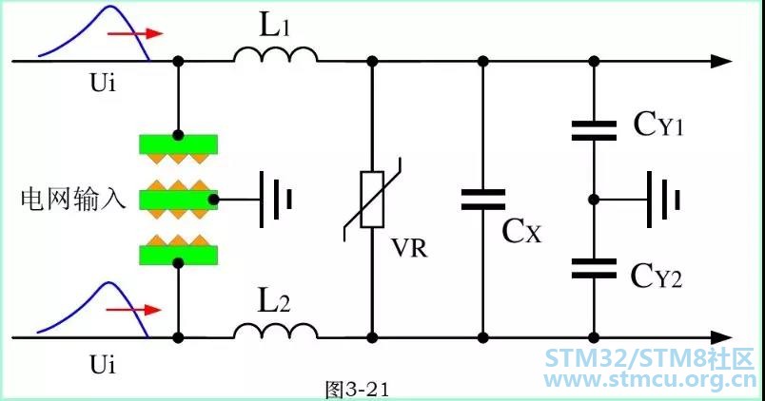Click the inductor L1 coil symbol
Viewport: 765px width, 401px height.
coord(276,55)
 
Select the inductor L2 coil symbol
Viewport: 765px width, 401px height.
coord(276,332)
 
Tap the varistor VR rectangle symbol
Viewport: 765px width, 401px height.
coord(372,200)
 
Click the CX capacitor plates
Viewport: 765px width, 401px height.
coord(483,200)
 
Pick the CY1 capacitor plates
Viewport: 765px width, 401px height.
coord(594,130)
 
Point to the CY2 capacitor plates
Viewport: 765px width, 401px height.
coord(594,269)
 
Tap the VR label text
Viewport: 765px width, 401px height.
coord(410,247)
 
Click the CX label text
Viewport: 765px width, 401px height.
coord(521,231)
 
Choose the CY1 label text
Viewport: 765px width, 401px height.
coord(658,124)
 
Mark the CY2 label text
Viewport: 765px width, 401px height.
coord(657,276)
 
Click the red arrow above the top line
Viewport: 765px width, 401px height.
coord(135,33)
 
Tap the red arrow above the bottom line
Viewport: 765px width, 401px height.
coord(134,310)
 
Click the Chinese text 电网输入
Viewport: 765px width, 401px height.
coord(73,200)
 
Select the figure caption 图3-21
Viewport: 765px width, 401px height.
coord(357,390)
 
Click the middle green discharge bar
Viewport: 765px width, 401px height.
coord(179,200)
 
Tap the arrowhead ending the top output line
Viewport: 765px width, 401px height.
coord(721,62)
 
